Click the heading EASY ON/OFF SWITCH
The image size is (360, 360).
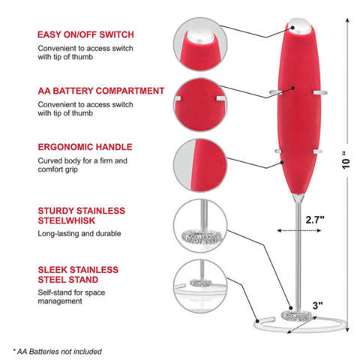(x=85, y=34)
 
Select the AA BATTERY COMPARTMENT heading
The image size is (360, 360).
(x=101, y=91)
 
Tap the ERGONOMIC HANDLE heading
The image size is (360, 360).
(x=85, y=147)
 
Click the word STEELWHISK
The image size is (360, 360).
(x=67, y=220)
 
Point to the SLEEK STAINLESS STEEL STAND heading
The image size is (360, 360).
(x=78, y=274)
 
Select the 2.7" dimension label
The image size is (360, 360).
(x=315, y=220)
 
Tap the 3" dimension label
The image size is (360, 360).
(x=317, y=305)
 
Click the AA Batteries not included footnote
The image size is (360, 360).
(x=57, y=352)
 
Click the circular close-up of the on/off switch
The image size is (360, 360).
(x=200, y=44)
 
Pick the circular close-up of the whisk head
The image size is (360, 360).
(x=200, y=226)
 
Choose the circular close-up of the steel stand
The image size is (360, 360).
(x=200, y=286)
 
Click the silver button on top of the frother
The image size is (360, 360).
(x=299, y=25)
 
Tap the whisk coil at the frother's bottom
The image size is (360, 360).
(x=296, y=316)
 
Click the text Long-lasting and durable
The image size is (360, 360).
(x=79, y=233)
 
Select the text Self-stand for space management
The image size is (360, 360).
(x=71, y=297)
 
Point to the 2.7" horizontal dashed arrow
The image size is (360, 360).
(x=299, y=230)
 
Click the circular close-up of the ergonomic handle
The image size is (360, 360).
(x=200, y=165)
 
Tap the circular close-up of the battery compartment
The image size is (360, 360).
(x=200, y=105)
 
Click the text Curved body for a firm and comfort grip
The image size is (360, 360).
(x=82, y=165)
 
